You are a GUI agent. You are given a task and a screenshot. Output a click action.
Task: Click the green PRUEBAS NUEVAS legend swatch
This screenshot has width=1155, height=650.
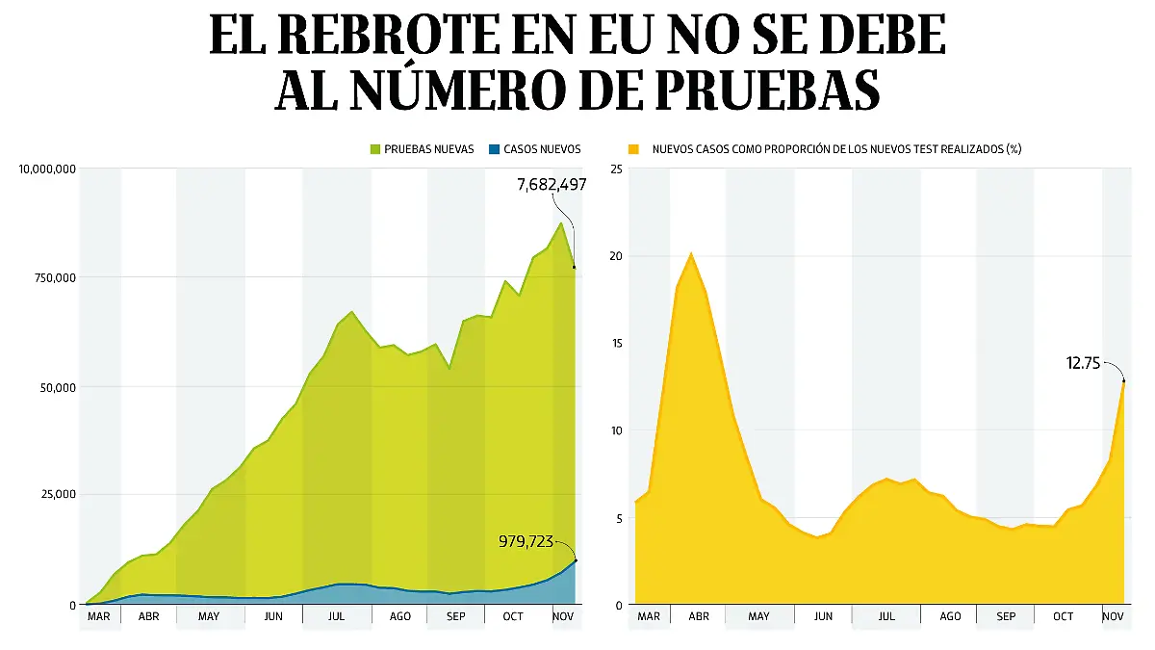pyautogui.click(x=375, y=149)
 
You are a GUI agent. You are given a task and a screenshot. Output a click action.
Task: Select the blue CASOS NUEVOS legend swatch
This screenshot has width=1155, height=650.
pyautogui.click(x=495, y=149)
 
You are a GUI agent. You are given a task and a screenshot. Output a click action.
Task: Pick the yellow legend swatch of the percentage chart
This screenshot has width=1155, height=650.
pyautogui.click(x=633, y=149)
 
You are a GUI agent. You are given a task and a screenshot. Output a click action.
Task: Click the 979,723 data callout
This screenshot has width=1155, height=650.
pyautogui.click(x=526, y=542)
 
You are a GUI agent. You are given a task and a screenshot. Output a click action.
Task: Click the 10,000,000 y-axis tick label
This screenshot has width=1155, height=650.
pyautogui.click(x=47, y=169)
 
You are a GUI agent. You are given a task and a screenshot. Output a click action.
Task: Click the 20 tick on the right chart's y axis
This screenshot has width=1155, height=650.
pyautogui.click(x=616, y=256)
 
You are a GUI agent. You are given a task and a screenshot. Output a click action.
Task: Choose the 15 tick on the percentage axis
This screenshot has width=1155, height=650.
pyautogui.click(x=616, y=344)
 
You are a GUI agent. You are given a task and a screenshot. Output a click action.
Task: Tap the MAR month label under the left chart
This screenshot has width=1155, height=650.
pyautogui.click(x=99, y=616)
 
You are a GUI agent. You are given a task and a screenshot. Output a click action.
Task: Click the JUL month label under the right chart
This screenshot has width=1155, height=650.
pyautogui.click(x=885, y=616)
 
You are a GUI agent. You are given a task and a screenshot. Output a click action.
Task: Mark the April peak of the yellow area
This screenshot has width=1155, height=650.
pyautogui.click(x=691, y=253)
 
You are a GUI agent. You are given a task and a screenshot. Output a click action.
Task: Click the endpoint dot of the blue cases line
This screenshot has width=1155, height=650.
pyautogui.click(x=576, y=559)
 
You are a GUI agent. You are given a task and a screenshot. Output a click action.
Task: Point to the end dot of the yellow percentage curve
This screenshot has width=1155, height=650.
pyautogui.click(x=1124, y=381)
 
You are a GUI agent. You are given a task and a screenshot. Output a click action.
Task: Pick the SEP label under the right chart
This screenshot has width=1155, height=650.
pyautogui.click(x=1005, y=616)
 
